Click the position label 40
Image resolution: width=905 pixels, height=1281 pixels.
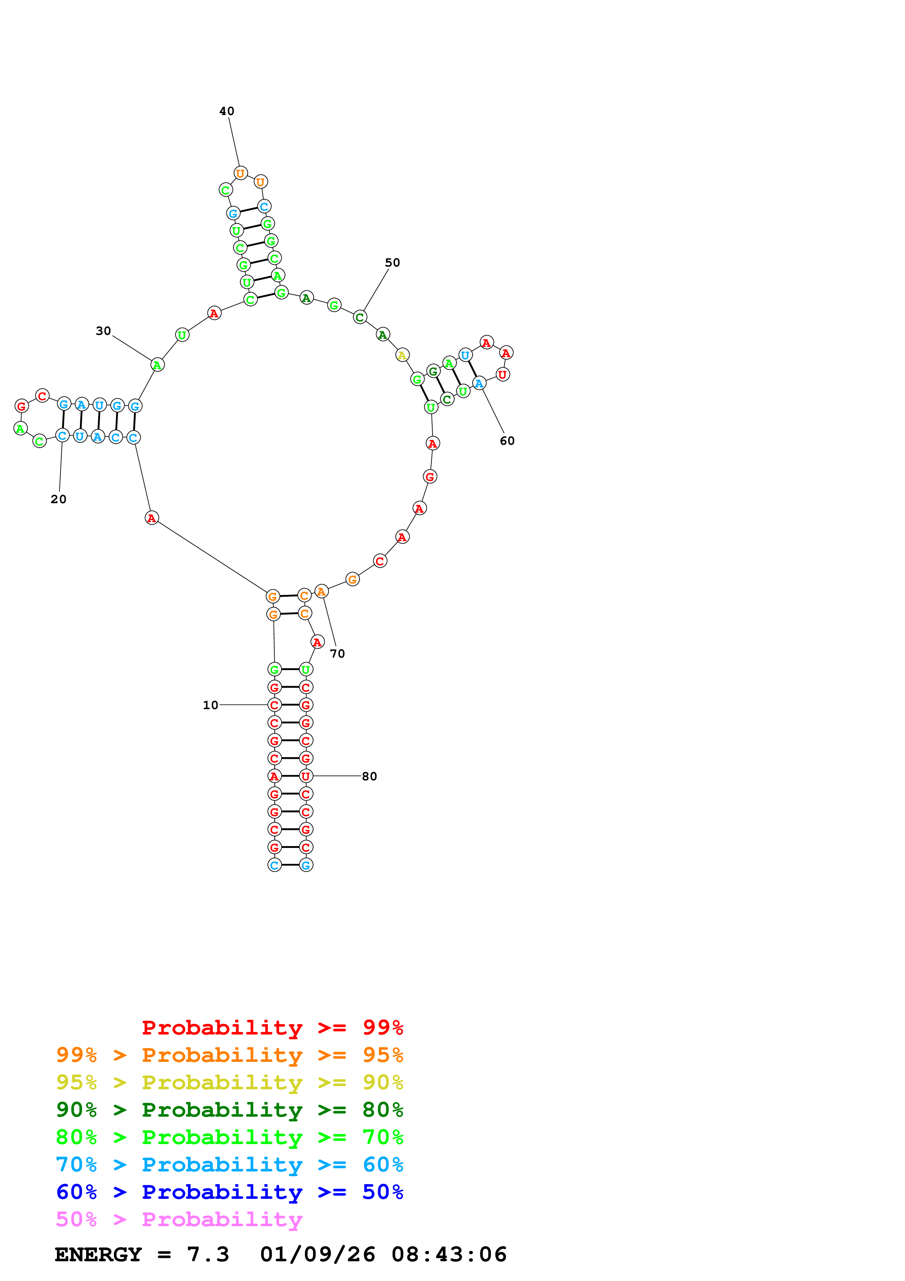click(x=226, y=111)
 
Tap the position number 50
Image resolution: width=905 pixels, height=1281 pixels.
click(x=392, y=263)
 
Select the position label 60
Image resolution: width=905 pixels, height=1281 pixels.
click(x=507, y=441)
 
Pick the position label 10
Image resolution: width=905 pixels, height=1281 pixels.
click(x=210, y=705)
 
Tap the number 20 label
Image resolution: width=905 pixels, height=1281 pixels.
click(x=58, y=499)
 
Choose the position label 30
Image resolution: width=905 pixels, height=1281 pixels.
click(x=103, y=331)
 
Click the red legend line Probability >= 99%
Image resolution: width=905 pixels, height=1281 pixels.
click(x=272, y=1028)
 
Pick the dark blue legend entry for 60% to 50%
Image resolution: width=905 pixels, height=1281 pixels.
click(x=229, y=1192)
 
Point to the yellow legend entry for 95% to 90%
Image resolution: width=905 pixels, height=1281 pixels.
click(x=229, y=1082)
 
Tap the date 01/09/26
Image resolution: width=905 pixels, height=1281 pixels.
click(x=317, y=1255)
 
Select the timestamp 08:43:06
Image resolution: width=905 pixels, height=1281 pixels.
click(x=449, y=1255)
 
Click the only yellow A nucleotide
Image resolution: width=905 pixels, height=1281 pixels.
click(x=402, y=355)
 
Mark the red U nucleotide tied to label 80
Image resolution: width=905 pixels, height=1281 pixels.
click(x=306, y=776)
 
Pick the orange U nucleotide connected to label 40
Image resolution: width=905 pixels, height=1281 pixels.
click(x=240, y=173)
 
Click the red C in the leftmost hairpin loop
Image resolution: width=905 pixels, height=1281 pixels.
click(x=42, y=396)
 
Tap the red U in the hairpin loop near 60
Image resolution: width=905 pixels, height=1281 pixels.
click(x=502, y=374)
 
